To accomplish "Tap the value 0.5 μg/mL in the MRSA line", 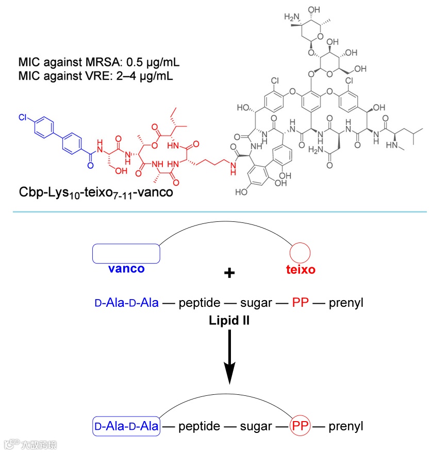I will click(153, 64).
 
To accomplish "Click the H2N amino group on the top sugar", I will click(292, 17).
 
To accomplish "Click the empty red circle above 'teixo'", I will click(300, 254).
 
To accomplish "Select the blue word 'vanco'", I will click(126, 269).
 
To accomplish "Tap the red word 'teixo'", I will click(300, 269).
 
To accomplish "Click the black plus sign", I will click(229, 273).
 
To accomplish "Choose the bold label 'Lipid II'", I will click(229, 320).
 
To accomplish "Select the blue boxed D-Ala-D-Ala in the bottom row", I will click(126, 426).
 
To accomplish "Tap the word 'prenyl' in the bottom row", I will click(346, 426).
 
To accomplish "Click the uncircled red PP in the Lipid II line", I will click(300, 303).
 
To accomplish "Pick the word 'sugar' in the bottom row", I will click(256, 426).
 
